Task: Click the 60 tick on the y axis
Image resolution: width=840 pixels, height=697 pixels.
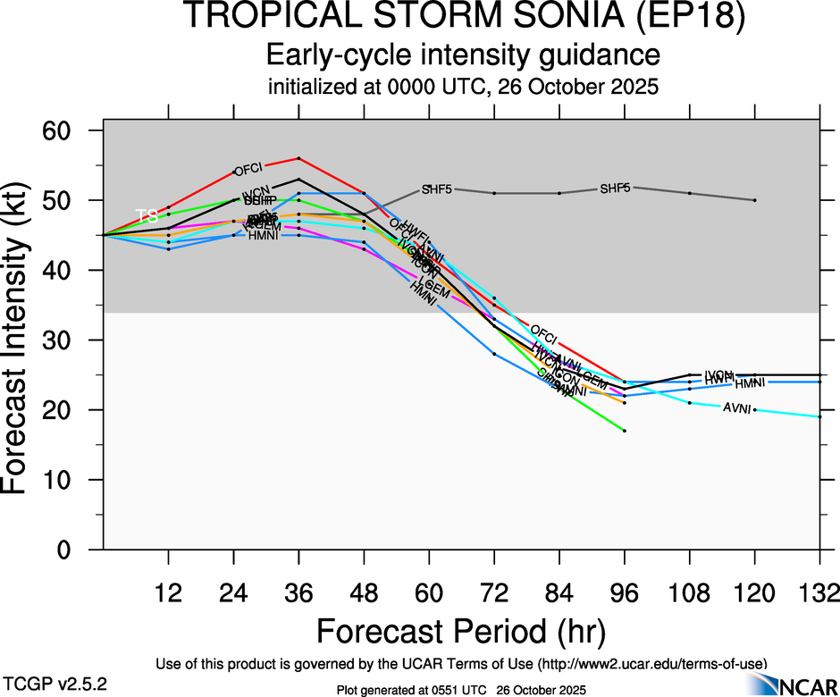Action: [x=71, y=130]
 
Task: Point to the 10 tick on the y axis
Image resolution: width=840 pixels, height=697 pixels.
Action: [x=71, y=480]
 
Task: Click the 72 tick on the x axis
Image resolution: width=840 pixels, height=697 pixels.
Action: [x=494, y=592]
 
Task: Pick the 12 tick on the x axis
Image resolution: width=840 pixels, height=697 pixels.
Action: [x=168, y=592]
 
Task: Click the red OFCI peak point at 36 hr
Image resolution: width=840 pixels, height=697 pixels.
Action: [x=298, y=158]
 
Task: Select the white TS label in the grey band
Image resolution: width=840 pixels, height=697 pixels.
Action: [x=147, y=216]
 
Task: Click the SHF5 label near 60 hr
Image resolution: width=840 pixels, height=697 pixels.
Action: [x=437, y=189]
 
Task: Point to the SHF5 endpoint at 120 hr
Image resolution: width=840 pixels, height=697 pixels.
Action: [x=755, y=200]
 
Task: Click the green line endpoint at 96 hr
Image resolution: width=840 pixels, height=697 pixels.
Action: [x=625, y=431]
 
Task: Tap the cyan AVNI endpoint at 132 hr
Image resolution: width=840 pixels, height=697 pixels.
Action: [x=820, y=416]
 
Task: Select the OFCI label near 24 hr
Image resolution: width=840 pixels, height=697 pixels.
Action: [x=246, y=170]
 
